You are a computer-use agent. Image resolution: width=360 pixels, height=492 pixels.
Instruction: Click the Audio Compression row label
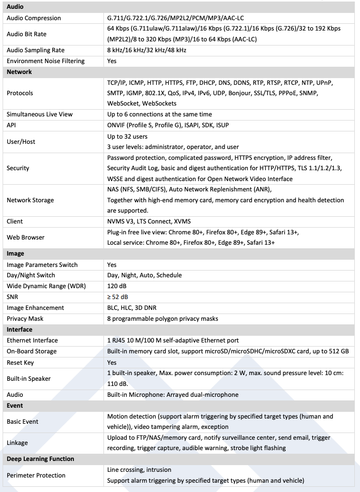tap(34, 18)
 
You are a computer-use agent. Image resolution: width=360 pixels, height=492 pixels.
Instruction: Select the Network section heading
tap(19, 72)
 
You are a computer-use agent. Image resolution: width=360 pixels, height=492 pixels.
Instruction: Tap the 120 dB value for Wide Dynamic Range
tap(117, 286)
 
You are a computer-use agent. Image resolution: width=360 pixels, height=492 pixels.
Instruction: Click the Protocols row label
tap(20, 93)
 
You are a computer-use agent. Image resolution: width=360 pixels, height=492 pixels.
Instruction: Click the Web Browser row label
tap(25, 237)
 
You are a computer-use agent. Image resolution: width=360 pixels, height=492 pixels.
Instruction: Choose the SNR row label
tap(13, 297)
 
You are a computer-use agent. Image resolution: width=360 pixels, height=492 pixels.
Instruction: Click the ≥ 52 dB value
tap(117, 297)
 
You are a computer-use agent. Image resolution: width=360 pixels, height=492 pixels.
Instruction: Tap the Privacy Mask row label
tap(25, 319)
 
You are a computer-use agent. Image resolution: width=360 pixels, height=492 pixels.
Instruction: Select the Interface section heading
tap(20, 330)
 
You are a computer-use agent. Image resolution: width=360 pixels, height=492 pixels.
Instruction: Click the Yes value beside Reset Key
tap(112, 362)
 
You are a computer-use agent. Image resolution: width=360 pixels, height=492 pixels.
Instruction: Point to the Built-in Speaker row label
tap(28, 379)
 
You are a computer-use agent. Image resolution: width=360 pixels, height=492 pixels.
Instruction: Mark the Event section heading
tap(15, 406)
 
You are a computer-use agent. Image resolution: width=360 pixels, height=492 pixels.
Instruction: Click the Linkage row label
tap(18, 443)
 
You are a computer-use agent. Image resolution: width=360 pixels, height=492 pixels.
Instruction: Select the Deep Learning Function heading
tap(40, 459)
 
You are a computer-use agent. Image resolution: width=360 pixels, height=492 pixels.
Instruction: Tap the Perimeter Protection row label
tap(36, 475)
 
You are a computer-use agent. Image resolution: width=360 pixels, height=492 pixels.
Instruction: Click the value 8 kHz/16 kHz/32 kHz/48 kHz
tap(146, 50)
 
